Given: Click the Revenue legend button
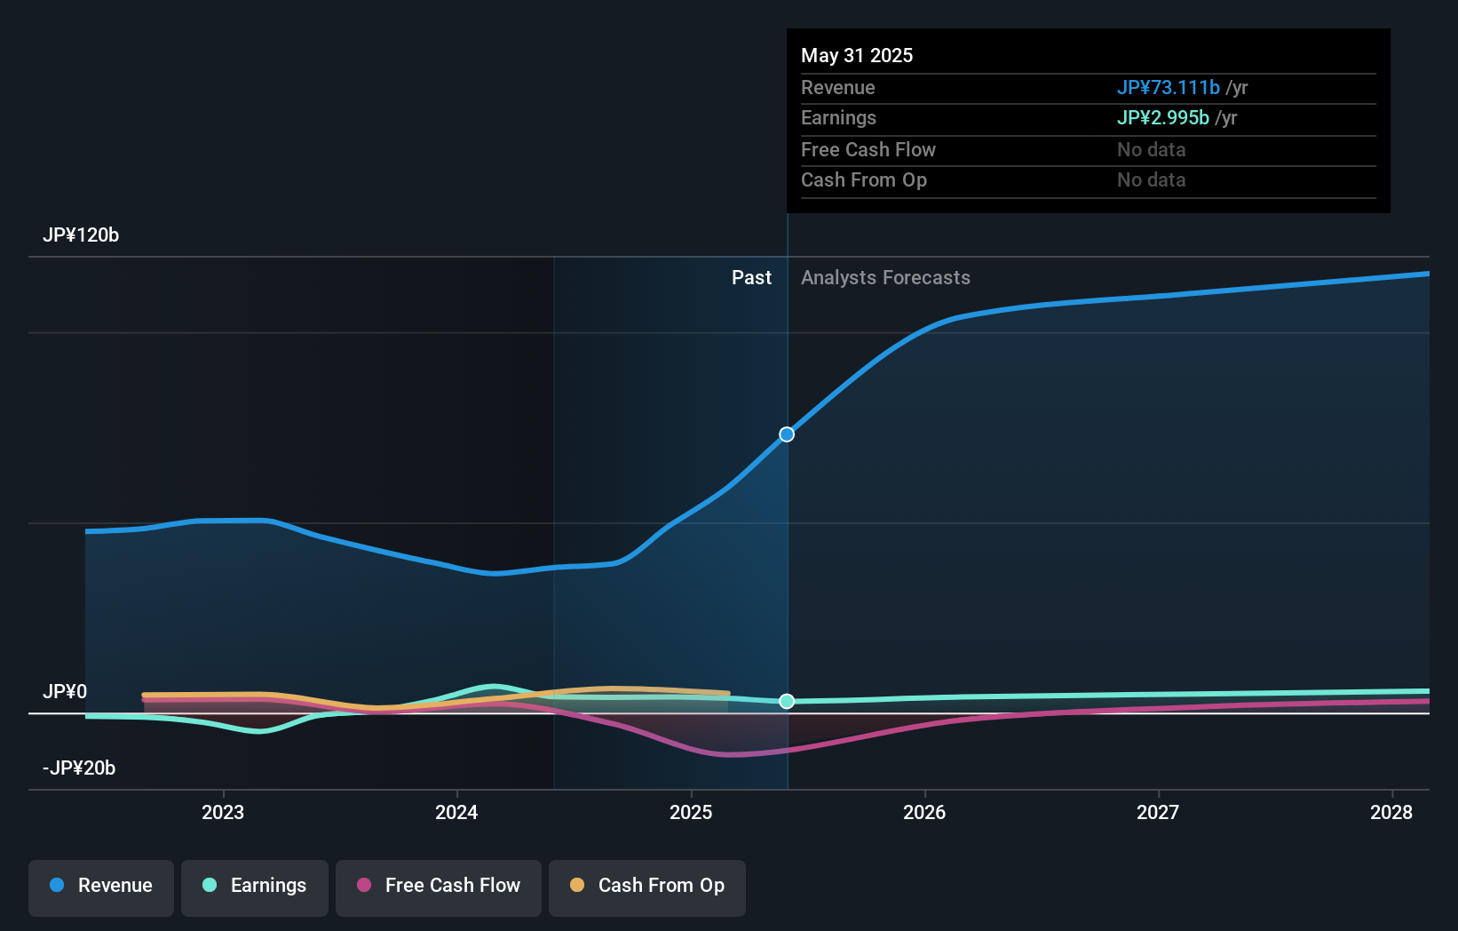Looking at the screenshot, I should click(101, 887).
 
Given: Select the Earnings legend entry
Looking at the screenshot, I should click(255, 887).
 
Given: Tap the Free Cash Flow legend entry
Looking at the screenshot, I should click(439, 887).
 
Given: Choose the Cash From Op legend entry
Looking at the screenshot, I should click(647, 887).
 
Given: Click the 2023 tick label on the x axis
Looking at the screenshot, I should click(223, 813).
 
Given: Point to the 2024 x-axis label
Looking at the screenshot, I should click(456, 813).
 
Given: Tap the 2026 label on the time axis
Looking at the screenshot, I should click(924, 813).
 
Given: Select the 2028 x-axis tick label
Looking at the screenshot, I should click(1391, 813).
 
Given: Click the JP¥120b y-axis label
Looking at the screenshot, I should click(81, 235).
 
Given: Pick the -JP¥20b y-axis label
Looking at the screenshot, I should click(79, 768).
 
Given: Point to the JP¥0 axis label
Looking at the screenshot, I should click(65, 692).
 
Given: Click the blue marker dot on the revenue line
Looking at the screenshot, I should click(787, 434).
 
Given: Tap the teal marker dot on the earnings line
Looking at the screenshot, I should click(787, 702).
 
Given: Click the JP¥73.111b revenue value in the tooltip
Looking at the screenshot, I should click(1168, 88).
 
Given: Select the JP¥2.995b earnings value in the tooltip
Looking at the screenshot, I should click(1162, 118).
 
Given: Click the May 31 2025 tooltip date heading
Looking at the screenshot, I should click(857, 56).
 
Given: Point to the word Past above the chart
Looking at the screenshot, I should click(751, 278).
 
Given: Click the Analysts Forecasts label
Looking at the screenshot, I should click(885, 278).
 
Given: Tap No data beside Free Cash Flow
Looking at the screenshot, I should click(1151, 150).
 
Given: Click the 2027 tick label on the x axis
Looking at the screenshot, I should click(1158, 813).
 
